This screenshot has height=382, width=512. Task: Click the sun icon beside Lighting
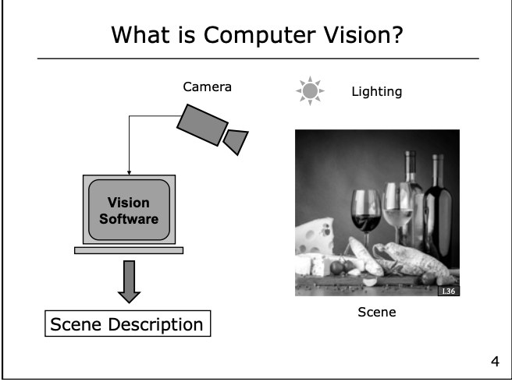(x=309, y=91)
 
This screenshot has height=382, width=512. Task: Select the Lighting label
(x=376, y=92)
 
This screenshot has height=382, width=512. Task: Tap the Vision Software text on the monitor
(x=128, y=211)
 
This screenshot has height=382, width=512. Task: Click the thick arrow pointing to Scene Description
(x=129, y=281)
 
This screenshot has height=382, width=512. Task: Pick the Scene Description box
(x=126, y=323)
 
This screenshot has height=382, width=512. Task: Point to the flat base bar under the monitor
(x=129, y=250)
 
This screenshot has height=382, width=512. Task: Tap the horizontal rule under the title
(x=258, y=58)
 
